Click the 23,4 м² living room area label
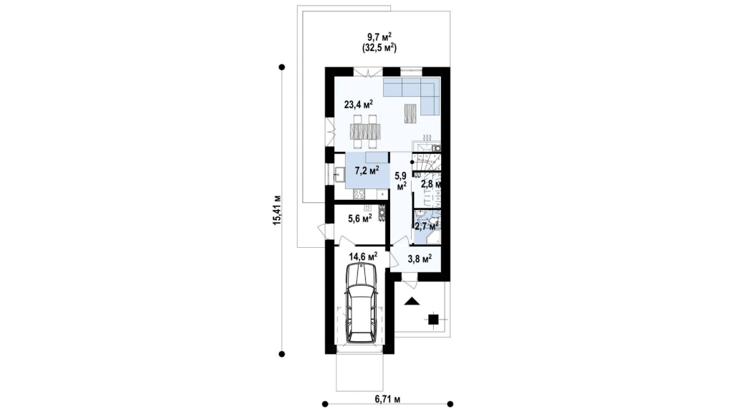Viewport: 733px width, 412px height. click(x=359, y=104)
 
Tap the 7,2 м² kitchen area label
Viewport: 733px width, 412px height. click(x=367, y=170)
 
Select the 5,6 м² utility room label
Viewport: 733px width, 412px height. click(x=360, y=218)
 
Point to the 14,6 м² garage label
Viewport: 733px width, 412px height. click(x=363, y=256)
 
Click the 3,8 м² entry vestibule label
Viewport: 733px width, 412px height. click(x=420, y=257)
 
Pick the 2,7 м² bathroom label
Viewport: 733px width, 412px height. click(x=426, y=226)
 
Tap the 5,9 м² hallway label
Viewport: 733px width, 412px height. click(x=401, y=181)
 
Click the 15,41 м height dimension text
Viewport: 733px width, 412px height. click(x=278, y=210)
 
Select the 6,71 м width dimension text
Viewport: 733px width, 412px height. click(x=387, y=399)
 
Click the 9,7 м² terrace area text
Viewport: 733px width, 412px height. click(x=379, y=37)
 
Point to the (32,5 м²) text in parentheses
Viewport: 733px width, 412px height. click(x=379, y=47)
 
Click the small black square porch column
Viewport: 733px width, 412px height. click(x=433, y=319)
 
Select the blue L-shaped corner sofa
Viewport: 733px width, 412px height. click(x=412, y=96)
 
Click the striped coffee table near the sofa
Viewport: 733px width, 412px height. click(x=410, y=113)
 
